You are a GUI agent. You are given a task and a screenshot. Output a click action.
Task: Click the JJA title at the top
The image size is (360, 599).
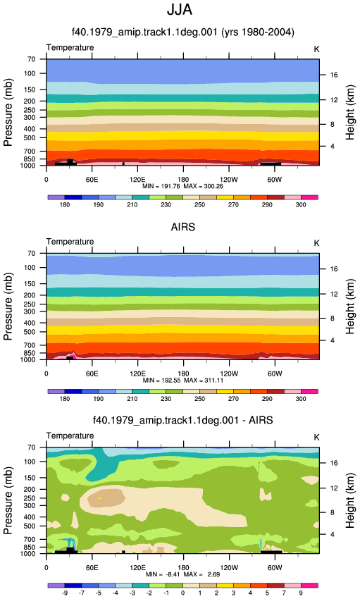coord(180,10)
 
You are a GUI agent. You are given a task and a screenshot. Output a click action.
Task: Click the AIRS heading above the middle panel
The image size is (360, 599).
coord(183,227)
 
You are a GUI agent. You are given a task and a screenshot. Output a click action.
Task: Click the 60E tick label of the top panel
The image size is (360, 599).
coord(92,180)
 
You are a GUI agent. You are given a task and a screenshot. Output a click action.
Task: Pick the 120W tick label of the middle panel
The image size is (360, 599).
coord(229,373)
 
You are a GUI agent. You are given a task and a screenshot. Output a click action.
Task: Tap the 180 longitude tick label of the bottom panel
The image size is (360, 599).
coord(183,568)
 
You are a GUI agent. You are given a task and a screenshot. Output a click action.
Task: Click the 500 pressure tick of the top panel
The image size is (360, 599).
coord(30,137)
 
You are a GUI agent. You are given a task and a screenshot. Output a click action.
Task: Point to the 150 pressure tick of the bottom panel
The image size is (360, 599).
coord(30,478)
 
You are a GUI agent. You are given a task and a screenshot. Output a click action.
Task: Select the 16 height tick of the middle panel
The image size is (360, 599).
coord(334,269)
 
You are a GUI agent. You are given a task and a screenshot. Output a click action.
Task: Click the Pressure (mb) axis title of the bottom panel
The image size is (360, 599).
coord(8,500)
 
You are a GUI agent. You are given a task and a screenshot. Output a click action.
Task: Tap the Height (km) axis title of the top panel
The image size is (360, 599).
coord(350,112)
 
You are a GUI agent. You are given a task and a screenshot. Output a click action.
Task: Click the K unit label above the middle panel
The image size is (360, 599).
coord(316,243)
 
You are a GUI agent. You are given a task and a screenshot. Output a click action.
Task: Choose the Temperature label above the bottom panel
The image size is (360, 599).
coord(70,436)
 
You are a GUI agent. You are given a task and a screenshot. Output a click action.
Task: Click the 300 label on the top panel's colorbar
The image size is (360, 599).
coord(301,205)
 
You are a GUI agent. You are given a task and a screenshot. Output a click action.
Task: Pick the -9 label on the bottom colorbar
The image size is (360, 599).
coord(65,593)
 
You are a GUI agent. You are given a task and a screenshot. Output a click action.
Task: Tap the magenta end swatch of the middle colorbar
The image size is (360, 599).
coord(309,392)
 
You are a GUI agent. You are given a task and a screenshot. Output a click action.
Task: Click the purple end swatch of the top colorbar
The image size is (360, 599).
coord(56,197)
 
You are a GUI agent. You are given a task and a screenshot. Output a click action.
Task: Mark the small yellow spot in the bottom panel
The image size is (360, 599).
coord(99,498)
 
